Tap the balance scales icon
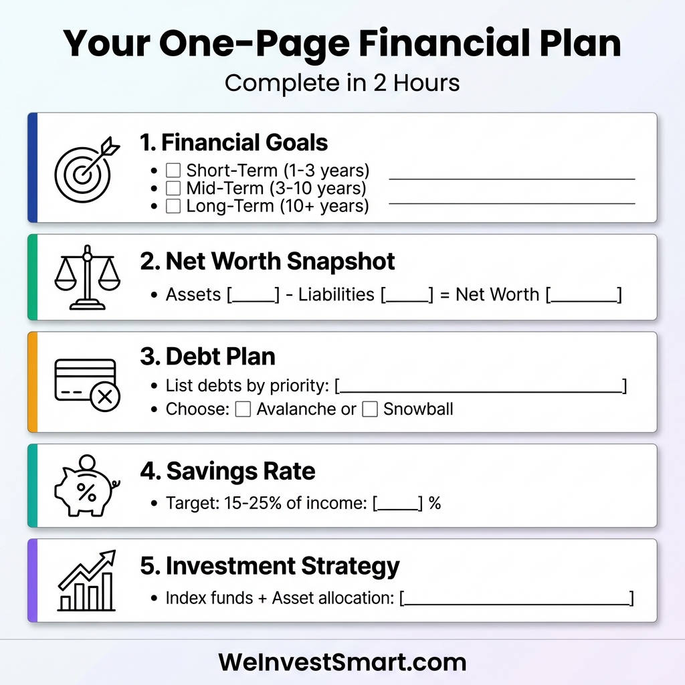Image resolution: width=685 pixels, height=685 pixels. coord(86,277)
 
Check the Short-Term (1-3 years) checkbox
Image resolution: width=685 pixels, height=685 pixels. coord(173,171)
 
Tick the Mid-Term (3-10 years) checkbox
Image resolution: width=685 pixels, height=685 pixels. coord(173,188)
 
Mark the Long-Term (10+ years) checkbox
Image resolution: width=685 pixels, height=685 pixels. coord(173,206)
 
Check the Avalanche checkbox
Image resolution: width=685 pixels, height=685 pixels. coord(243,409)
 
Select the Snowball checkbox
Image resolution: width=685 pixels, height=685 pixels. coord(370,409)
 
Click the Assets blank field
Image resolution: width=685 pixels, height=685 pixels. coord(254,296)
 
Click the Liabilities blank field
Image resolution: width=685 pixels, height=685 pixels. coord(407,296)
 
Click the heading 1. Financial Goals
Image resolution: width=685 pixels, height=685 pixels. coord(234,142)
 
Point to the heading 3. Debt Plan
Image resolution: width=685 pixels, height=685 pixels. coord(207,357)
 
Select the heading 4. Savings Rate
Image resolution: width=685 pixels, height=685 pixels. coord(227,471)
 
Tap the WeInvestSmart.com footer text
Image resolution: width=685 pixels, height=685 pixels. coord(342,662)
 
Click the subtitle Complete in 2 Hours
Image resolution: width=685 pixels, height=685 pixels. coord(342,83)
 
